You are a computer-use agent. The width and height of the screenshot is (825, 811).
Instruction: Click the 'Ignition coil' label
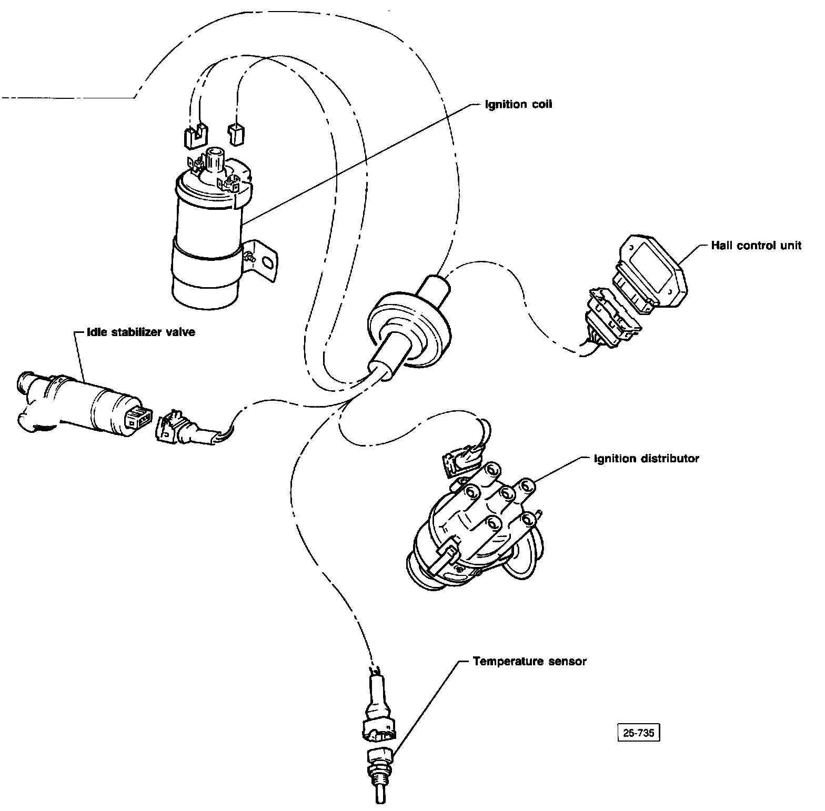pos(518,104)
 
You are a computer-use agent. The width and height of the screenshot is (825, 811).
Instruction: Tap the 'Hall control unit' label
pos(756,246)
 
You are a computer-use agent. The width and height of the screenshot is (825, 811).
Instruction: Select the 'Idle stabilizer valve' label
pos(142,332)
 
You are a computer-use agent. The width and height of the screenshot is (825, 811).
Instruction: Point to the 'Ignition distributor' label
pos(646,459)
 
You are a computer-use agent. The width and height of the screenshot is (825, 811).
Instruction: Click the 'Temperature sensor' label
pos(529,661)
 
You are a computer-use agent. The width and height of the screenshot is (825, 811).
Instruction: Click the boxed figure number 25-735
pos(638,733)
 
